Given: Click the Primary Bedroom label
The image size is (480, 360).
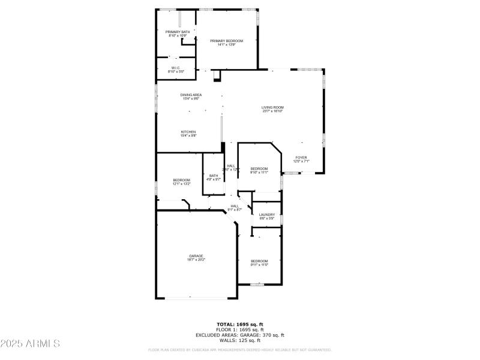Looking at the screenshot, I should point(227,41).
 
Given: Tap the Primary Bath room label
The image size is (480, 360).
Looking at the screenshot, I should point(178,32).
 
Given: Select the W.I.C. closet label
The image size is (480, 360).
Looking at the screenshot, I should point(176,68).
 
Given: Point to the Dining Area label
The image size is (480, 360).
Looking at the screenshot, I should point(191,95).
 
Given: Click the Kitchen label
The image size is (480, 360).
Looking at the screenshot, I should point(188,132).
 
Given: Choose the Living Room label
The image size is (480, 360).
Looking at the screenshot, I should point(272,107).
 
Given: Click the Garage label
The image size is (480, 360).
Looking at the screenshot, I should point(197,256).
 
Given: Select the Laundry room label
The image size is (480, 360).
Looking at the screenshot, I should point(267,214).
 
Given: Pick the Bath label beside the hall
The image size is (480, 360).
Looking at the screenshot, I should point(214,176).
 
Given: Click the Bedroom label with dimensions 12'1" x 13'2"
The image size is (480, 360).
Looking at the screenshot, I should point(181,180).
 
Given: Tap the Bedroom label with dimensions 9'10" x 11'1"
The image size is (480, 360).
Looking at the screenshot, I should point(259,169).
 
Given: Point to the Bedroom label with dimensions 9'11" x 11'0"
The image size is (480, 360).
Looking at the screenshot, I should point(259,261).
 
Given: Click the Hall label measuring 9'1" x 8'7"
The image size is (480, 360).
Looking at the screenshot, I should point(235,206).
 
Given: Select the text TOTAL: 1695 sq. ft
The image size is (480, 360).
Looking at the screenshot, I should point(240,324).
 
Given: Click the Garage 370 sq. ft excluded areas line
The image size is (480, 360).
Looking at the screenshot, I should point(240,335).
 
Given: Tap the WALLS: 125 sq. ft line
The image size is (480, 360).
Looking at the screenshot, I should point(240,340).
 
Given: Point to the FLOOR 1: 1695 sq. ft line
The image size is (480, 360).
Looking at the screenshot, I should point(240,329).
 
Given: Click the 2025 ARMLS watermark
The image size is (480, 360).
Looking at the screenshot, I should point(30,344).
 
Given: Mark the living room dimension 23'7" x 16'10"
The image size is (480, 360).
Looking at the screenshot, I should point(272,111).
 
